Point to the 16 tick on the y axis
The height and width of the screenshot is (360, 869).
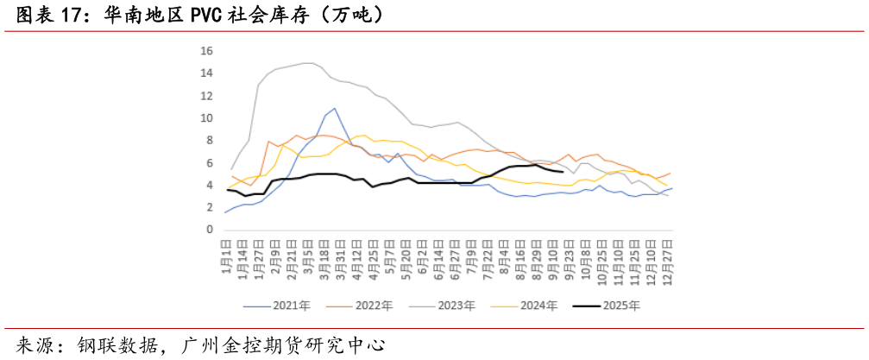coord(206,51)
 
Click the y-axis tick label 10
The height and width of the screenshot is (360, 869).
coord(206,118)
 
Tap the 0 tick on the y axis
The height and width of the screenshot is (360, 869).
coord(209,231)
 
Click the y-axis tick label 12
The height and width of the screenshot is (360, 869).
coord(206,96)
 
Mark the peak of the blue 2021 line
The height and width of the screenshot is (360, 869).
coord(334,109)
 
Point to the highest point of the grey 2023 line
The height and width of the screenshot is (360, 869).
coord(306,63)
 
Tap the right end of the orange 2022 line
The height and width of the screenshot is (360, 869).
coord(671,174)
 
